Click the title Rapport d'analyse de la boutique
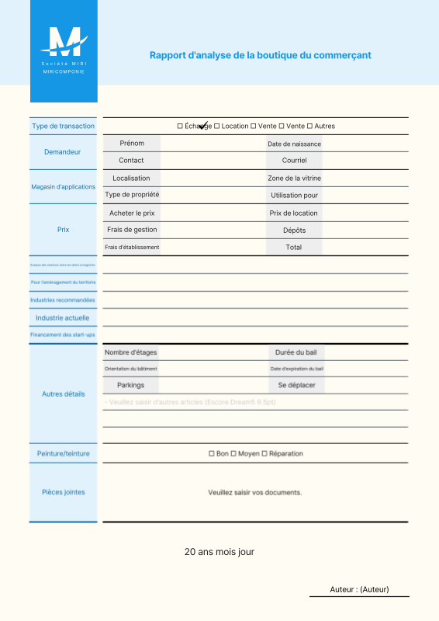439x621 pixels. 260,55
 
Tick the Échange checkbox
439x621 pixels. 180,126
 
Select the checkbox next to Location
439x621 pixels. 217,126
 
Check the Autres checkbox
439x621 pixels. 309,126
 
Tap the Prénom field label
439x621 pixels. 132,144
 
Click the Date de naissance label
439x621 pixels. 294,144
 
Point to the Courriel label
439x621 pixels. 294,161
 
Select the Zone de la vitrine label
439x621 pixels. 294,179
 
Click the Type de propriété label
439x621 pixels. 132,196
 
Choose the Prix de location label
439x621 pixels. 294,213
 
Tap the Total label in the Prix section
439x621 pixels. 294,248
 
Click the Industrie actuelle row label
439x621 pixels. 63,317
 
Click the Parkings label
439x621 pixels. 131,385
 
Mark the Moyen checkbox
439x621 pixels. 233,453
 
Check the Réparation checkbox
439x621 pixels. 264,453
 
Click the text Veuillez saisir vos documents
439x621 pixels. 254,492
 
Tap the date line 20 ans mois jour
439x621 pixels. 219,552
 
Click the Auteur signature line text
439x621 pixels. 359,590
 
